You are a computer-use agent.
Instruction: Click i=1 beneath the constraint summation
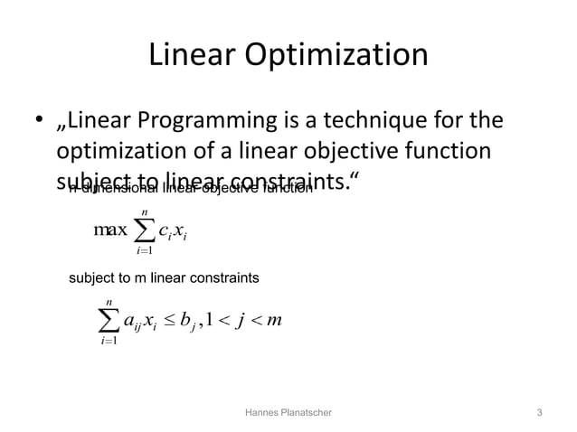[x=109, y=342]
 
